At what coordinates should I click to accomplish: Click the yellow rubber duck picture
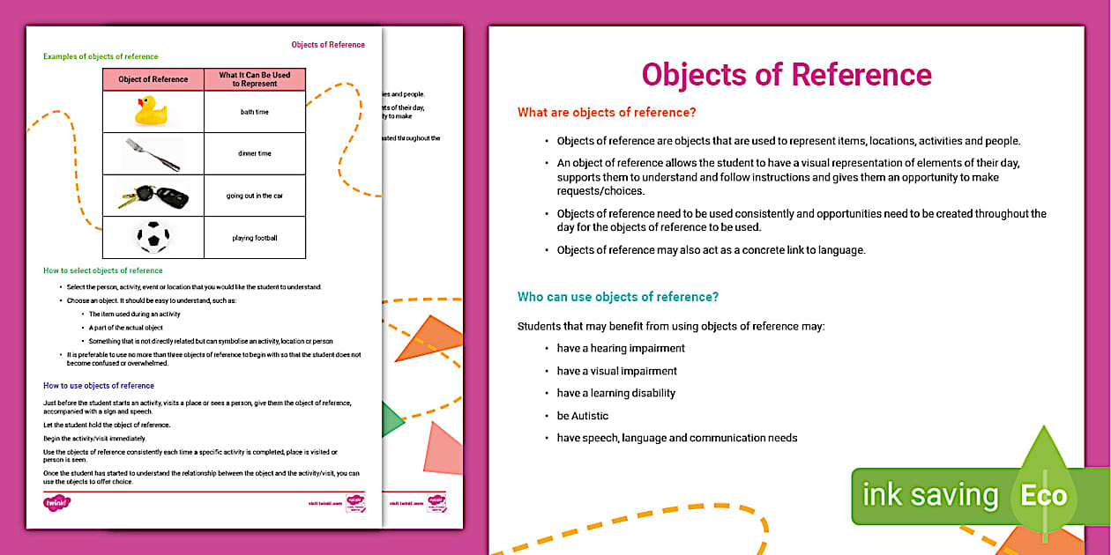(152, 111)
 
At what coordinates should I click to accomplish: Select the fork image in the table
(153, 154)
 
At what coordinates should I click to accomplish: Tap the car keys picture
(153, 196)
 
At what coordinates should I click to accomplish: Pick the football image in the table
(153, 237)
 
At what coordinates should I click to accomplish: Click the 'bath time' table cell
(255, 112)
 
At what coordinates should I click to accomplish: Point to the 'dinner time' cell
(255, 154)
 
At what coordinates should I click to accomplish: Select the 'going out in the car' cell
(255, 196)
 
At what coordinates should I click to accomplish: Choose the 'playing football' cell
(255, 238)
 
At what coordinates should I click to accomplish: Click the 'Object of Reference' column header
(153, 79)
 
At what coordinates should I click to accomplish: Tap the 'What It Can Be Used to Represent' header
(255, 79)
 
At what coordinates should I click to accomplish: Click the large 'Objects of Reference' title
(786, 74)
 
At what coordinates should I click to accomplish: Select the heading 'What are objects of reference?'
(607, 112)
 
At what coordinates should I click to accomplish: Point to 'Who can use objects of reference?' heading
(618, 297)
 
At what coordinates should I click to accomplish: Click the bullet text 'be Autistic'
(582, 416)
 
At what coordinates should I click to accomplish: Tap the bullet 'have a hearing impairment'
(621, 348)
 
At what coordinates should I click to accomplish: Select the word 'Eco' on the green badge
(1043, 495)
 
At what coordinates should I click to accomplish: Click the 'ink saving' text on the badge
(929, 495)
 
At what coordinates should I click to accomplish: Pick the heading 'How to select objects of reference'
(103, 270)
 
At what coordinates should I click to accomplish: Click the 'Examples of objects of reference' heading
(101, 56)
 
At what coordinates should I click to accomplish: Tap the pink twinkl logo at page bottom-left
(56, 503)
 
